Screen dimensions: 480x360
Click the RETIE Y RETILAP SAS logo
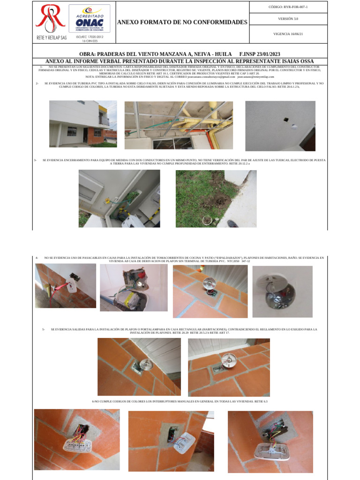coord(51,22)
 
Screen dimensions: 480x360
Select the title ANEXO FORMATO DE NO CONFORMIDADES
coord(182,22)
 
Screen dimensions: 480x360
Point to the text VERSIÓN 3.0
coord(288,19)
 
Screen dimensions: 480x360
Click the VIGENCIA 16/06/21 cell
coord(288,34)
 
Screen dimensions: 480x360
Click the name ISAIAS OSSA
coord(297,61)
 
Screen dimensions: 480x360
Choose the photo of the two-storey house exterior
coord(83,124)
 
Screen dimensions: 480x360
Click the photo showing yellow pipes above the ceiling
coord(179,125)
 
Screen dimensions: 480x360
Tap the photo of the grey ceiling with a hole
coord(280,126)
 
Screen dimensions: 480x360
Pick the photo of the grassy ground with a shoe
coord(216,198)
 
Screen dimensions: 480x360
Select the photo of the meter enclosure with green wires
coord(119,198)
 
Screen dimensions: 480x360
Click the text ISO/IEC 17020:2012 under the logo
coord(90,37)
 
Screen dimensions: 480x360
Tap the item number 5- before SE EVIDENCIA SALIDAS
coord(43,330)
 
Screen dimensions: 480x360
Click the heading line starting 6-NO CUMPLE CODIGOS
coord(180,402)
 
